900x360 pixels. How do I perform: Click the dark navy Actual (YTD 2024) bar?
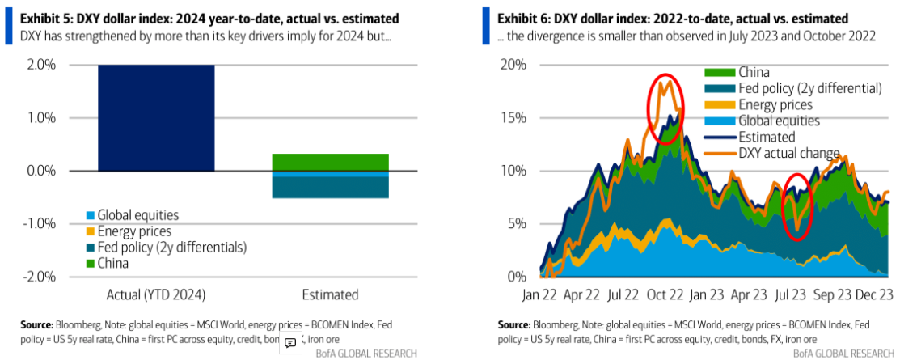pos(156,117)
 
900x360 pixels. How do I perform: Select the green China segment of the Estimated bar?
pos(330,162)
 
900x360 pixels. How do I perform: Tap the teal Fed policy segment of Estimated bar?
pos(330,187)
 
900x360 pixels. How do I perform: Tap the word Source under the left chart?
pos(37,324)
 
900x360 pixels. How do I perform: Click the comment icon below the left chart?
pos(290,343)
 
